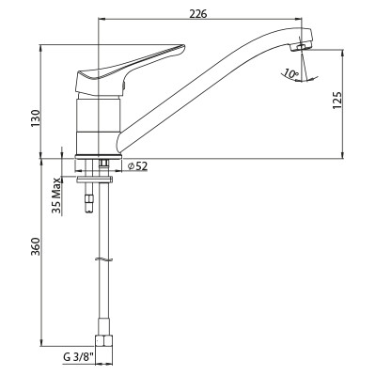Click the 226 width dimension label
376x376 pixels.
click(x=198, y=14)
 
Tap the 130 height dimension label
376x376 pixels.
click(x=36, y=118)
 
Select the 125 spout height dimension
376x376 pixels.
click(x=337, y=101)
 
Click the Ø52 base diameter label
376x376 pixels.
click(x=138, y=166)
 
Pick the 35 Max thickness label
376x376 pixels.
click(x=56, y=196)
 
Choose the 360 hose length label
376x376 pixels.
click(x=36, y=246)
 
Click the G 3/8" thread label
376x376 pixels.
click(x=78, y=357)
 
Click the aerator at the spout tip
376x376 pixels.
click(x=301, y=47)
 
